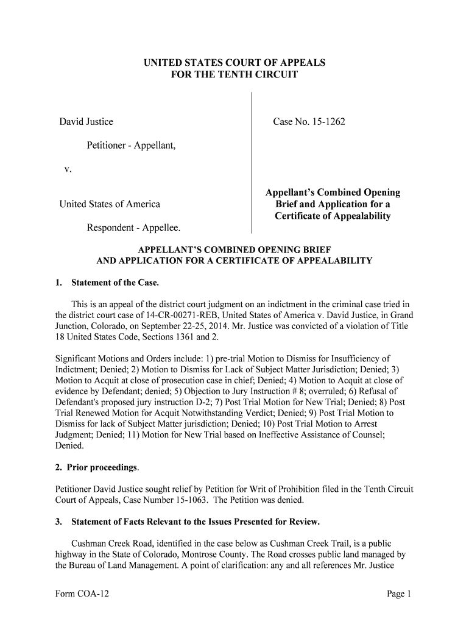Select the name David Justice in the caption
pos(86,122)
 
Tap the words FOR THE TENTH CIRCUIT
pos(234,75)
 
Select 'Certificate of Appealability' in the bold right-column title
pos(333,216)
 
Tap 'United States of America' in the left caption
pos(110,204)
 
